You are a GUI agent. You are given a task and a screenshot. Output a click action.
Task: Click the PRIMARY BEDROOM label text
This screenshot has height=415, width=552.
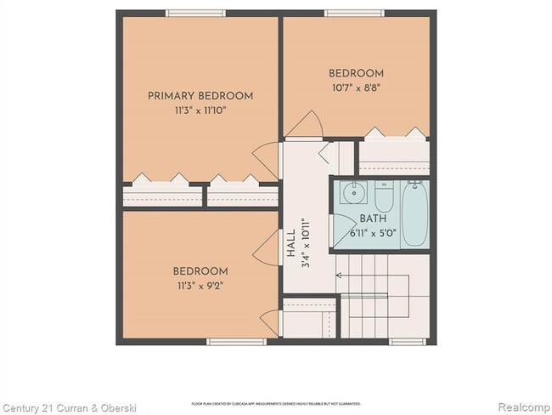200,96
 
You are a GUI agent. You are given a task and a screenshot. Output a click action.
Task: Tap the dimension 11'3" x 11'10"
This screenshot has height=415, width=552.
200,110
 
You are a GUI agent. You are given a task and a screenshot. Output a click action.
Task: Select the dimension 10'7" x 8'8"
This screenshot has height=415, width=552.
355,88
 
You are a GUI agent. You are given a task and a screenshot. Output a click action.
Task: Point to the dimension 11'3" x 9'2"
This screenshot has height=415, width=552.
200,286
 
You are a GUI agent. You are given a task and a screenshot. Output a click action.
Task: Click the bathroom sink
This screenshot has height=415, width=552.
352,194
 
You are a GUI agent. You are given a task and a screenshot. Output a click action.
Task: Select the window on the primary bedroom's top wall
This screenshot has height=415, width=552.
194,13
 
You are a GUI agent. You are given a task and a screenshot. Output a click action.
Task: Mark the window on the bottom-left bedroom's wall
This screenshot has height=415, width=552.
231,342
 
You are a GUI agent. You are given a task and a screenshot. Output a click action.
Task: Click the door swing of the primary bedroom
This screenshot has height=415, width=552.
269,159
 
